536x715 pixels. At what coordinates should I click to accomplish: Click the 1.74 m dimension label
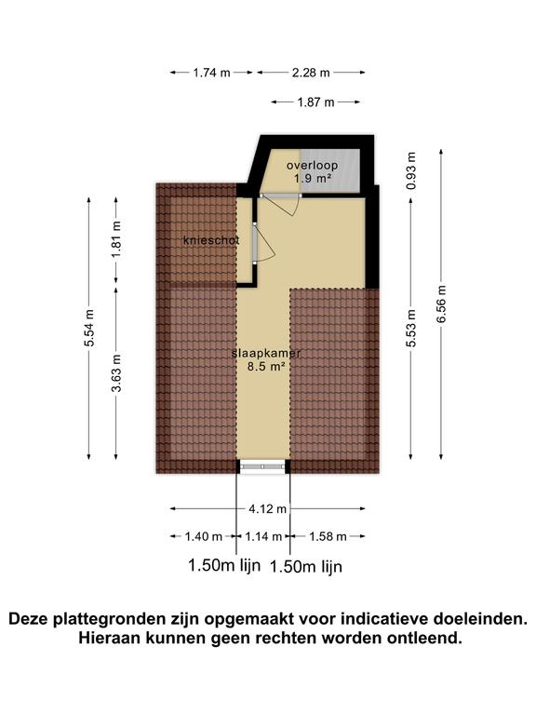211,72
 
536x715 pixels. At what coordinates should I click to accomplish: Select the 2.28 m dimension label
310,72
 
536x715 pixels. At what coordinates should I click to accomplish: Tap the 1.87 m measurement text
316,102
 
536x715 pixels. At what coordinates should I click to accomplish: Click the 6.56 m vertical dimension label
441,303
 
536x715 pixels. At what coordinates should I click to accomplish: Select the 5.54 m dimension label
89,327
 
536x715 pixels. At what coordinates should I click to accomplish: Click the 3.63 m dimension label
116,373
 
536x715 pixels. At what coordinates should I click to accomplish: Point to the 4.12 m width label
267,508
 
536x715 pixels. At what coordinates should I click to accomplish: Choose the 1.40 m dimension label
204,536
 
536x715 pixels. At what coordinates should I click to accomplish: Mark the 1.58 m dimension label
327,536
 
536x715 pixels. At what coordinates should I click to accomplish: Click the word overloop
312,166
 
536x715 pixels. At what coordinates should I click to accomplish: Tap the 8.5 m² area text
264,367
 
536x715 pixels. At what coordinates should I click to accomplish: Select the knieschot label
211,240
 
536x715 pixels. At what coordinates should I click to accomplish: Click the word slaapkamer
265,354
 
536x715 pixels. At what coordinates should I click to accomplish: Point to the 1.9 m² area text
312,178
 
